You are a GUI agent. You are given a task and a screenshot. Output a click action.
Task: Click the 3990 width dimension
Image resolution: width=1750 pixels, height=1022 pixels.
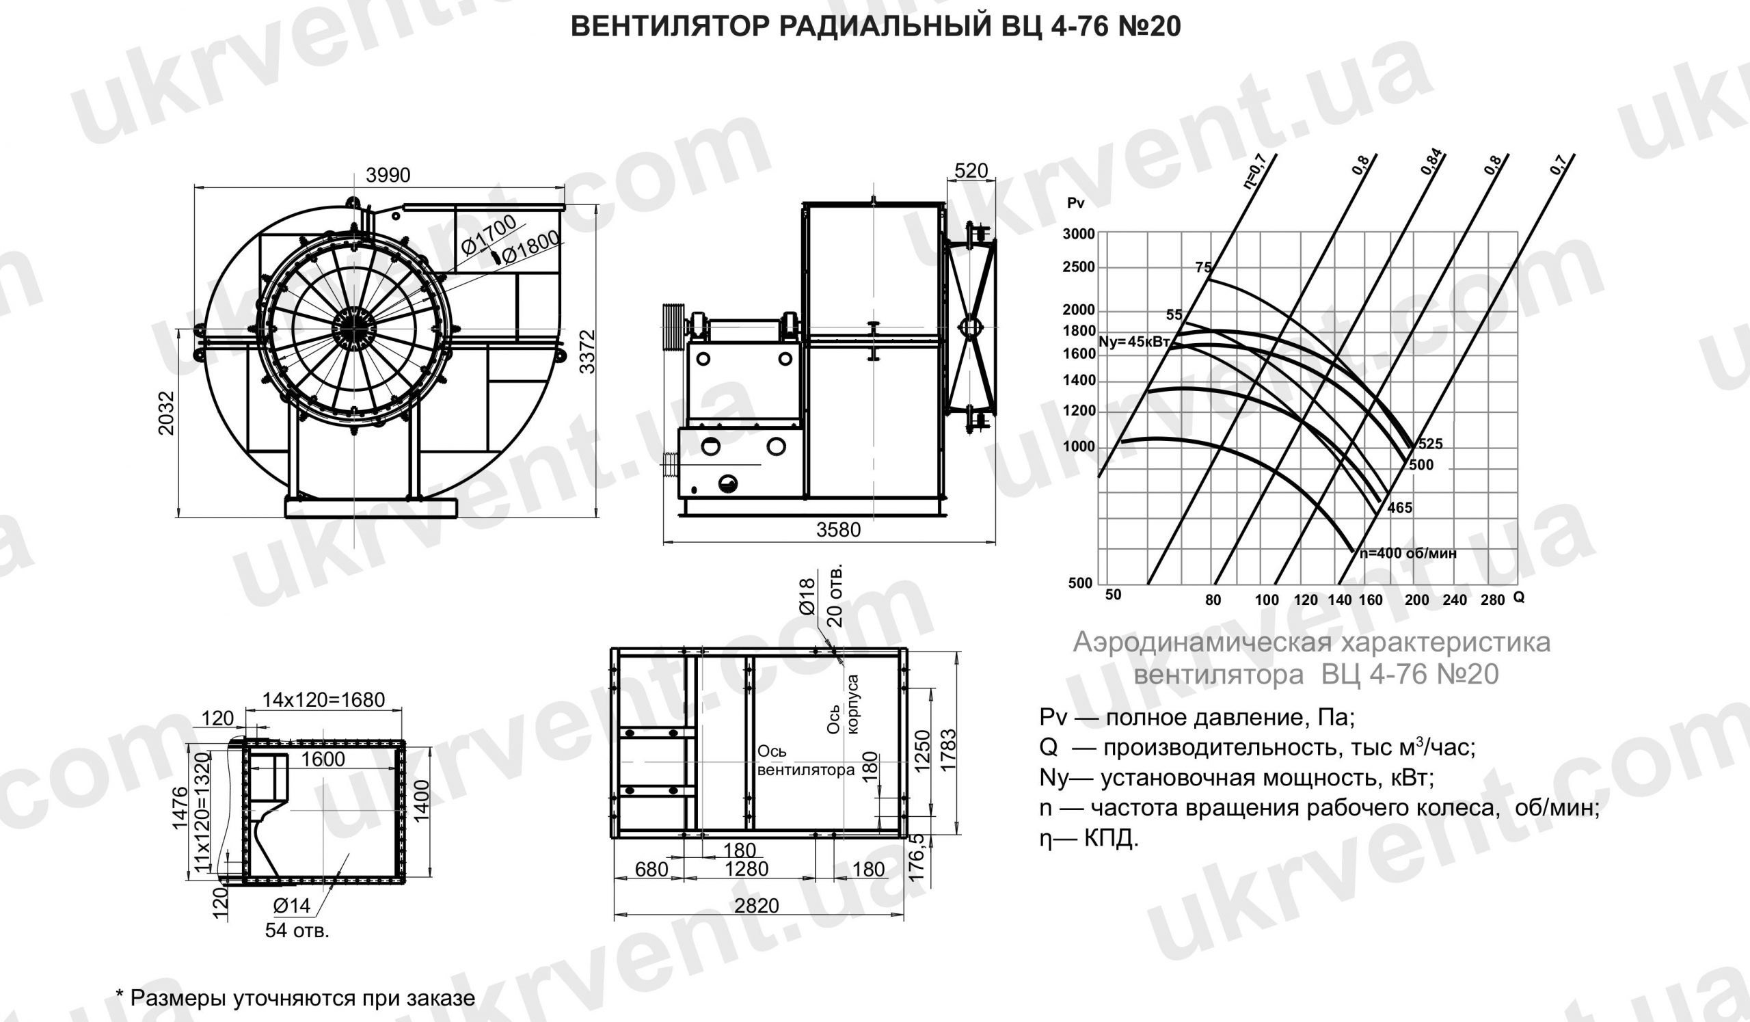pyautogui.click(x=388, y=176)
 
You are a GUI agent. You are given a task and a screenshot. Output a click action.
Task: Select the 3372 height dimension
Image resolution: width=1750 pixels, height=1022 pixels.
pyautogui.click(x=587, y=351)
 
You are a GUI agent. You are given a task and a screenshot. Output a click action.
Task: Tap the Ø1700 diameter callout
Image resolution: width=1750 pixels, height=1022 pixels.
pyautogui.click(x=489, y=234)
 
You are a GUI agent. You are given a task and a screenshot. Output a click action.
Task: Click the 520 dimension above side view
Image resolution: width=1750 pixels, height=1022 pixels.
pyautogui.click(x=971, y=170)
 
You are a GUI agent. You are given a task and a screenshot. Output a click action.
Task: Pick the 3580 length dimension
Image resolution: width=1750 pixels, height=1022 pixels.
pyautogui.click(x=838, y=530)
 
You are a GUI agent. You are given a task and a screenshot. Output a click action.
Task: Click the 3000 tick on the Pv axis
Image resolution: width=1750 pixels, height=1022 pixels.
pyautogui.click(x=1079, y=234)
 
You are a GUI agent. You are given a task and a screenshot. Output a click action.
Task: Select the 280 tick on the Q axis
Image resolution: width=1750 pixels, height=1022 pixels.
pyautogui.click(x=1492, y=600)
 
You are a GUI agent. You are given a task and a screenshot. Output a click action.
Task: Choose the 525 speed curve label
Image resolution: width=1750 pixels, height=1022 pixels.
pyautogui.click(x=1431, y=444)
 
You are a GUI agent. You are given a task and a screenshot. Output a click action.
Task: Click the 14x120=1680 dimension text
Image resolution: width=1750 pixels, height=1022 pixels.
pyautogui.click(x=323, y=700)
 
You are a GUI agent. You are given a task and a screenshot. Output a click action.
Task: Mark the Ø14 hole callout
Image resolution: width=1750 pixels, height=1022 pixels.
pyautogui.click(x=292, y=905)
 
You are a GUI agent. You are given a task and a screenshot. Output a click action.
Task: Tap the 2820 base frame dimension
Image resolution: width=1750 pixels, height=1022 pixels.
pyautogui.click(x=757, y=905)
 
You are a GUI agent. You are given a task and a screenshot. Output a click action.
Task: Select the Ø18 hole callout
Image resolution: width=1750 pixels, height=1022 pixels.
pyautogui.click(x=807, y=596)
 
